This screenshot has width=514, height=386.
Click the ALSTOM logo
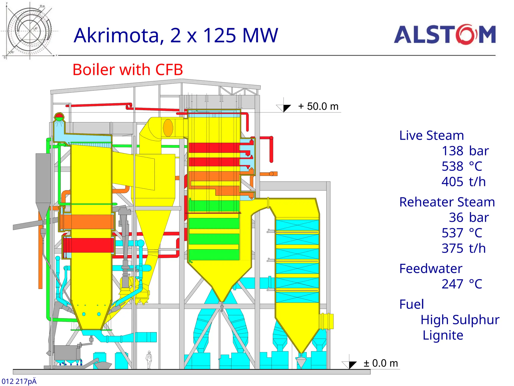point(445,35)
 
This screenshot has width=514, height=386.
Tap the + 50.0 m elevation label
point(318,107)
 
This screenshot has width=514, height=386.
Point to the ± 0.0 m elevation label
point(381,363)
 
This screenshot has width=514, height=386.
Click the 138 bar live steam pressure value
point(465,151)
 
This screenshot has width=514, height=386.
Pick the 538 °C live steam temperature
point(462,166)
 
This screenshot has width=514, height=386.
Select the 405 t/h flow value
point(464,182)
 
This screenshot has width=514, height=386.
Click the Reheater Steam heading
point(447,202)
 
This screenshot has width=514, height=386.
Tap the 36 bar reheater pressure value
point(469,217)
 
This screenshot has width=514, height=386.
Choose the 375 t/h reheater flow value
point(464,248)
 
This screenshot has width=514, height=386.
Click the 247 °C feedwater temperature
point(462,284)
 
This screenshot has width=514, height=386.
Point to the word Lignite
point(443,335)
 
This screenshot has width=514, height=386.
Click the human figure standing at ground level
point(149,360)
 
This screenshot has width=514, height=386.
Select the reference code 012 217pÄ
point(19,381)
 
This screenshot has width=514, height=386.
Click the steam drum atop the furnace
point(59,117)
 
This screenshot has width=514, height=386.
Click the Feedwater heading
point(431,269)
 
